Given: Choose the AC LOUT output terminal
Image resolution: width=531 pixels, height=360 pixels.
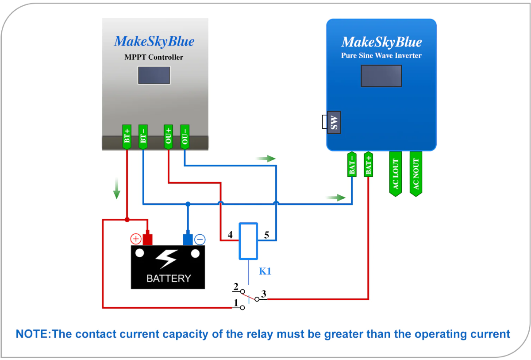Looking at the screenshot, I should [396, 173].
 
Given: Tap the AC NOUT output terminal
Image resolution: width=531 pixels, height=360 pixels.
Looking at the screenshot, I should [416, 173].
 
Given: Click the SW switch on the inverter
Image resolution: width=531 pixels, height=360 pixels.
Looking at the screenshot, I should [334, 122].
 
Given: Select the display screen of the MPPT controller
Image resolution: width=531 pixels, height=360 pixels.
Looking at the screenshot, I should [154, 75].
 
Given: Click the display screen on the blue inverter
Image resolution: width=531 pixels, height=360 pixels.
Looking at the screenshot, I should [381, 76].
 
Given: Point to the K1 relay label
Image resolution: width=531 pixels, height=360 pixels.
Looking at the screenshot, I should [265, 271].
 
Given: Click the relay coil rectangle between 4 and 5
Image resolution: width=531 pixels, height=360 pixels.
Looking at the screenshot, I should [248, 241].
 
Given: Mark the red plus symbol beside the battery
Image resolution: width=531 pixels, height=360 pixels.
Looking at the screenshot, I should [135, 240].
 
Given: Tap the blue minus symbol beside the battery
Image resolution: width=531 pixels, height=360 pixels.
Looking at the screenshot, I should [200, 240].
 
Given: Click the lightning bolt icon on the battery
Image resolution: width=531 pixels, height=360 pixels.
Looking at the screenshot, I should [168, 259].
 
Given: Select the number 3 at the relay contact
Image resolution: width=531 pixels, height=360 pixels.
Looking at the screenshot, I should [263, 293].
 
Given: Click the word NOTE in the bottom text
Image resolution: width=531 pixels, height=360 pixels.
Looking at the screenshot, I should [32, 334].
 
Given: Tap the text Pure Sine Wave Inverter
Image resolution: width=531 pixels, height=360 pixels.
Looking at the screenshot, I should [381, 56].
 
